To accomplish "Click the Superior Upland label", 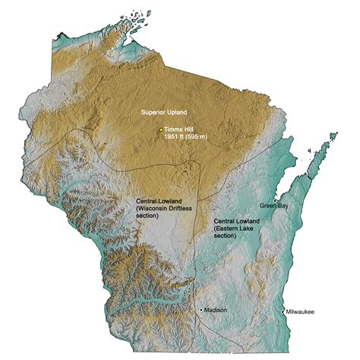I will tap(164, 112).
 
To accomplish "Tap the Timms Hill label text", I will tap(179, 131).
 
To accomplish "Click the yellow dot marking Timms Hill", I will tap(161, 131).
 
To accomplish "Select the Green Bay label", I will tap(274, 206).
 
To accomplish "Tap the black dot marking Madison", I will tap(201, 310).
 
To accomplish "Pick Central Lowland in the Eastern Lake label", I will tap(238, 221).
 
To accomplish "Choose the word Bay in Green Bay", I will tap(283, 206).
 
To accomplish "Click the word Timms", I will tap(173, 131).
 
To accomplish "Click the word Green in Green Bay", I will tap(268, 206).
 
